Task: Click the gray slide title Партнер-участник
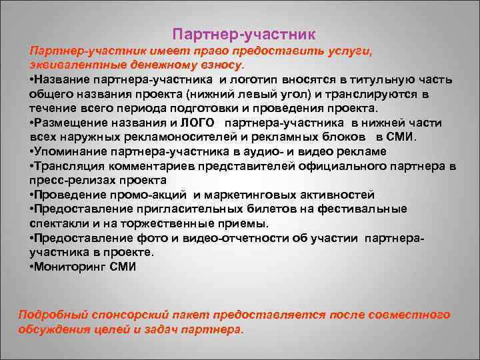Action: pyautogui.click(x=243, y=33)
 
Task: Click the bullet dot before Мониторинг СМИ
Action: pyautogui.click(x=31, y=267)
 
